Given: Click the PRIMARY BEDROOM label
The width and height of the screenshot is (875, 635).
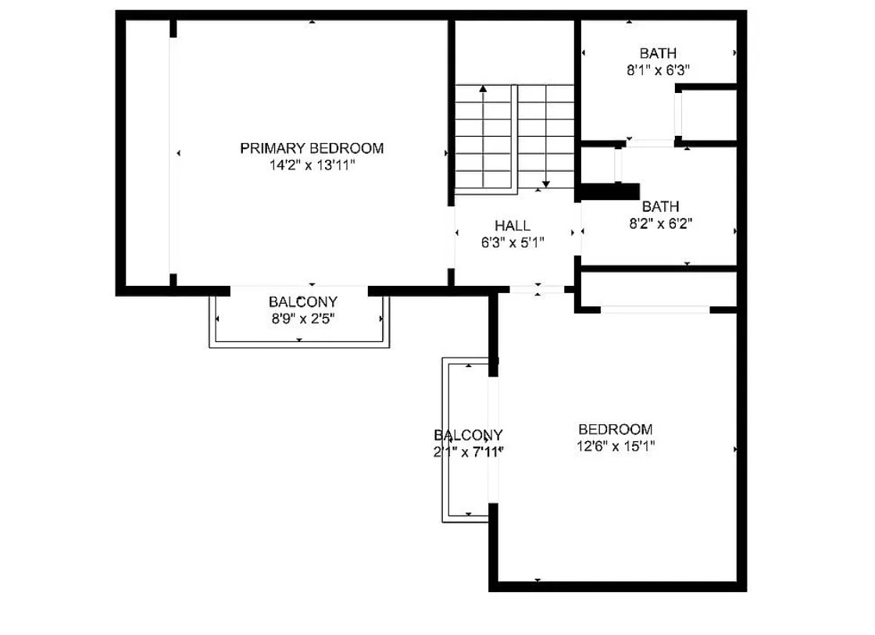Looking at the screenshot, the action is tap(312, 148).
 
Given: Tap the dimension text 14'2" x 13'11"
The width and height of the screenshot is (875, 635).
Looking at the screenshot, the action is tap(312, 165).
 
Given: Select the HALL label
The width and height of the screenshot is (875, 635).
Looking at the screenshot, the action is tap(512, 226).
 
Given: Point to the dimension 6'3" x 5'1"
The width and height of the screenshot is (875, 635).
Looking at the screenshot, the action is tap(512, 243).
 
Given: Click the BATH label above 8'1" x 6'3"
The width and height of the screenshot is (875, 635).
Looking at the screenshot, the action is tap(658, 54).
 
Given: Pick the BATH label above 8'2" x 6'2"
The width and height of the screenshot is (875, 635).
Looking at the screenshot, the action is tap(660, 206).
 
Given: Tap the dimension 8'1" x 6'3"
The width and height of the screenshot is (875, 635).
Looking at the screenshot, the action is tap(658, 70).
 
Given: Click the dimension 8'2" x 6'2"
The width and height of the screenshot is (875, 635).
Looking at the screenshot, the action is tap(661, 223).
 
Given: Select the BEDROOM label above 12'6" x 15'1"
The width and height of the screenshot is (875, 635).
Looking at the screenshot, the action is tap(615, 430).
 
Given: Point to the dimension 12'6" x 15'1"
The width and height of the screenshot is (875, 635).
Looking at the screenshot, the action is tap(616, 447).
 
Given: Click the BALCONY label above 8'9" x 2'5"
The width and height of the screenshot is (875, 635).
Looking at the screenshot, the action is tap(303, 301).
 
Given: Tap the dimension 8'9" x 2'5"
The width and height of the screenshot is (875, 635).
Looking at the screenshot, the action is tap(303, 319).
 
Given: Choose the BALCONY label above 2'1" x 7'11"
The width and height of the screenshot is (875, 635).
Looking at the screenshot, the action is tap(468, 435).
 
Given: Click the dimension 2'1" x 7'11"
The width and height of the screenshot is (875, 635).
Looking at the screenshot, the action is tap(469, 452).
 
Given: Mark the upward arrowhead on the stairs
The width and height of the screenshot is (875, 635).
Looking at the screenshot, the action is tap(483, 88).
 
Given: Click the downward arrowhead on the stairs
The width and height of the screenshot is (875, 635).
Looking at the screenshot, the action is tap(546, 184).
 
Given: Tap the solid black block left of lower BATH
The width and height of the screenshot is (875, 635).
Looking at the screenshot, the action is tap(610, 191).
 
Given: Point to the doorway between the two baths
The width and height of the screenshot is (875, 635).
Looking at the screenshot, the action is tap(650, 144).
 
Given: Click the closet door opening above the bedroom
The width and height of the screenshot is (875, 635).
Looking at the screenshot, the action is tap(655, 309).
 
